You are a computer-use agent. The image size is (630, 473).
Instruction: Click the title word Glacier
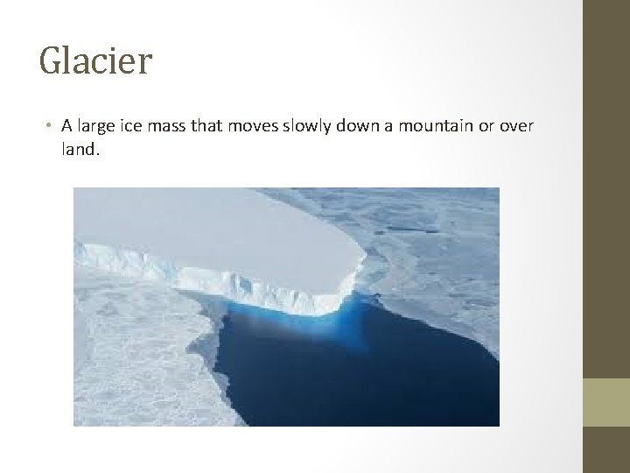coord(95,61)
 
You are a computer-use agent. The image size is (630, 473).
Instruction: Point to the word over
coord(516,126)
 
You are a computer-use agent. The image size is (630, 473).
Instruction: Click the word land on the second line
coord(79,150)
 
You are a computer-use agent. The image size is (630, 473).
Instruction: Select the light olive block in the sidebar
coord(605,402)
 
